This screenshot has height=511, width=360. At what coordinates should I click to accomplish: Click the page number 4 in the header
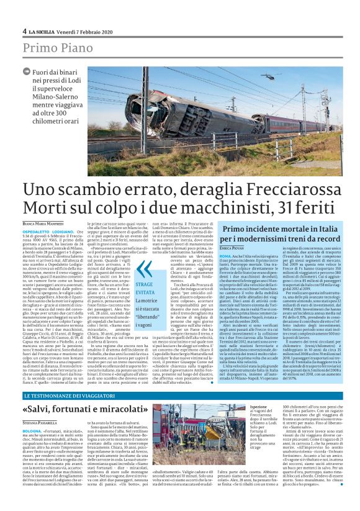tap(24, 30)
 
